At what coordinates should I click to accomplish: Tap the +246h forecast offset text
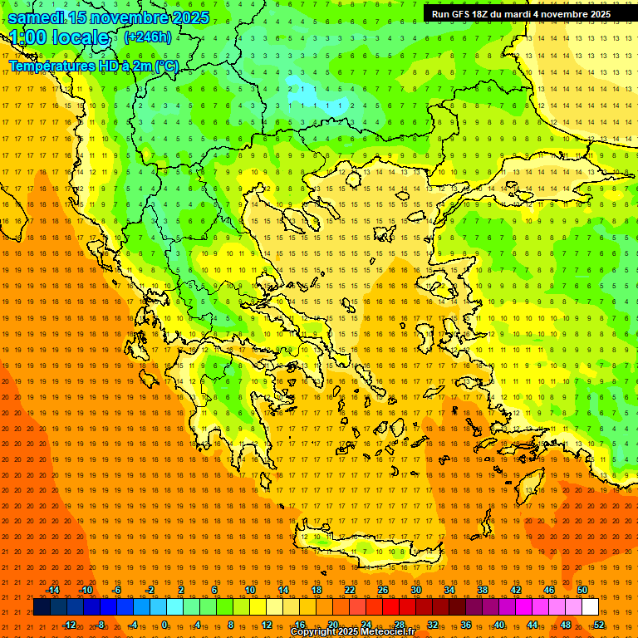tap(148, 37)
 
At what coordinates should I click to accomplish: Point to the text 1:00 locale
tap(60, 37)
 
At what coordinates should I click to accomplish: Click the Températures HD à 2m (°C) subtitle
tap(93, 66)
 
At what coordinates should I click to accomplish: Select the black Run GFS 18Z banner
tap(521, 14)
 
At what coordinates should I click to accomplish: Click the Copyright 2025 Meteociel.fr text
tap(352, 632)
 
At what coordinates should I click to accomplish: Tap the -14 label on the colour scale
tap(52, 590)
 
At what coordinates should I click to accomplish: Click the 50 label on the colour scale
tap(582, 590)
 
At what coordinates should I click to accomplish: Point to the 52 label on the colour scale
tap(599, 624)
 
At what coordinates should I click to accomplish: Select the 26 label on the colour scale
tap(382, 590)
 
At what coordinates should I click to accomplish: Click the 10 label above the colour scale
tap(249, 590)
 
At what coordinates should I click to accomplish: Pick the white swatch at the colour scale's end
tap(590, 606)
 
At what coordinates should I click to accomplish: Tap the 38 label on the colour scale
tap(482, 590)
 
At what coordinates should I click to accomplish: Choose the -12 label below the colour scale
tap(69, 624)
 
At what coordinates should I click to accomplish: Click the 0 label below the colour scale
tap(166, 624)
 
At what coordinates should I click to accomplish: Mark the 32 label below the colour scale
tap(432, 624)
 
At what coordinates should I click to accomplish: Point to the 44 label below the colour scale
tap(532, 624)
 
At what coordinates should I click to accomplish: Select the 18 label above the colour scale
tap(316, 590)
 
